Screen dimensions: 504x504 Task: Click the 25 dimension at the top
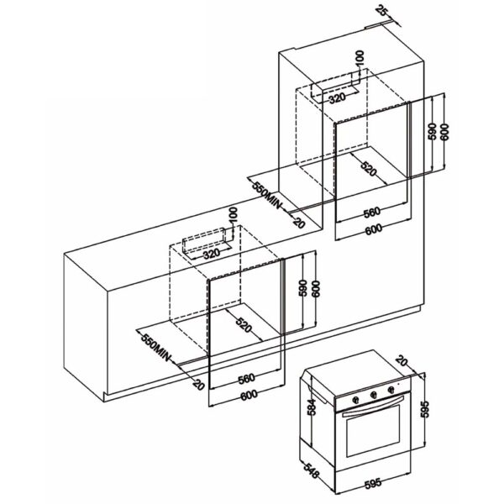[x=382, y=11]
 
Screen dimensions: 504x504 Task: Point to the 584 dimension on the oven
[x=312, y=407]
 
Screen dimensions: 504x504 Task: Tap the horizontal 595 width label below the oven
[x=372, y=483]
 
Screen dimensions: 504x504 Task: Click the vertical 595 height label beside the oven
[x=425, y=408]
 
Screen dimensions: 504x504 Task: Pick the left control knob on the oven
[x=355, y=400]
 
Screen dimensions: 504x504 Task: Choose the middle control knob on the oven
[x=374, y=395]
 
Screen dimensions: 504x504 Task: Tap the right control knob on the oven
[x=391, y=390]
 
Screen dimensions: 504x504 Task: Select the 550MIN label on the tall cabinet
[x=265, y=195]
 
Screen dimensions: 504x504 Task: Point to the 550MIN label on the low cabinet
[x=155, y=348]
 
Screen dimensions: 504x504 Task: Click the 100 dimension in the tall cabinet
[x=360, y=59]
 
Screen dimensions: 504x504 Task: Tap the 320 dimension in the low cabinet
[x=212, y=254]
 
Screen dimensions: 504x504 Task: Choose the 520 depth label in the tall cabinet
[x=369, y=169]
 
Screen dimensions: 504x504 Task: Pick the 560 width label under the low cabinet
[x=246, y=378]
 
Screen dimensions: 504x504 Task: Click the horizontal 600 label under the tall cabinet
[x=374, y=229]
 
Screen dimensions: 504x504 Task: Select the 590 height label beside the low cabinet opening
[x=302, y=288]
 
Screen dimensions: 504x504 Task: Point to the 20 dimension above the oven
[x=402, y=360]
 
